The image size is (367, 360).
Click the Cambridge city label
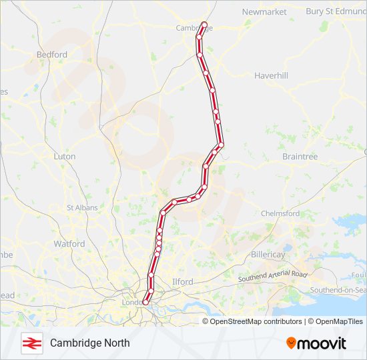click(189, 28)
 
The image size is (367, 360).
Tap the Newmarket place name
click(264, 12)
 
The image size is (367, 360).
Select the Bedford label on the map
click(52, 55)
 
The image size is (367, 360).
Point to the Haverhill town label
click(271, 76)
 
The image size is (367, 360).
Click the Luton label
click(64, 156)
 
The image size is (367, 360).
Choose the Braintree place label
click(300, 157)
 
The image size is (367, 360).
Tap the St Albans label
click(82, 208)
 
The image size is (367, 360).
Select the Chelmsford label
click(280, 213)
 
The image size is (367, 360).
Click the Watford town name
click(69, 244)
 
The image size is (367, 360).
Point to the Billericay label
click(268, 255)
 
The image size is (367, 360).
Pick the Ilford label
click(182, 282)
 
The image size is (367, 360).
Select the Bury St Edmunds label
click(336, 11)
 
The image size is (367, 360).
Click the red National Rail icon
click(31, 343)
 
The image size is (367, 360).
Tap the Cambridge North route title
click(89, 343)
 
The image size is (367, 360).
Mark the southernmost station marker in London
click(145, 303)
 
